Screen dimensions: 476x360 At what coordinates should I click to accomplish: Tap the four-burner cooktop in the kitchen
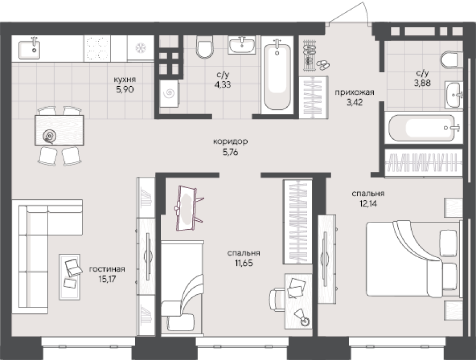97,49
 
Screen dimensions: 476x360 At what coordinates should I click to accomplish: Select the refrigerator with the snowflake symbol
140,48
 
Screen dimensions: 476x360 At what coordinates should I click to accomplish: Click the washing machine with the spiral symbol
169,93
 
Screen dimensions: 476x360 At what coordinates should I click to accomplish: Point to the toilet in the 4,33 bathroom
205,47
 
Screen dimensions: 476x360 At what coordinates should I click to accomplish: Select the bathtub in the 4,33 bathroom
277,76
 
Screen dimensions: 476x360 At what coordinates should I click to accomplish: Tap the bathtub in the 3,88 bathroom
424,127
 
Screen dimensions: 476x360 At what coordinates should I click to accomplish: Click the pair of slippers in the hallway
323,64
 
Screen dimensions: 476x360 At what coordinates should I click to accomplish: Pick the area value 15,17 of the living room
107,279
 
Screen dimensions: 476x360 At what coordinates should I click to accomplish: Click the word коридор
230,141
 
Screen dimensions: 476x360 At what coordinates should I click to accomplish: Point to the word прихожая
354,92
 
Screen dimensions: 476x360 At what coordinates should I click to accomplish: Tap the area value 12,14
368,203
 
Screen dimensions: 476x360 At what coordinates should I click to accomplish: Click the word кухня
125,79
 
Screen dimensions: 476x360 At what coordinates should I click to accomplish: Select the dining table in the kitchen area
59,130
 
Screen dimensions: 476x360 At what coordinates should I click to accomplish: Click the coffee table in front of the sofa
70,277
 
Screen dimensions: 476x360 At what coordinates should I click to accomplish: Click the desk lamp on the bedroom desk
303,318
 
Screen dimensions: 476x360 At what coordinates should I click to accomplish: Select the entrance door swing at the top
349,13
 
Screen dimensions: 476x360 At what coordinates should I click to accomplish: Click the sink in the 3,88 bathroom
454,95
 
